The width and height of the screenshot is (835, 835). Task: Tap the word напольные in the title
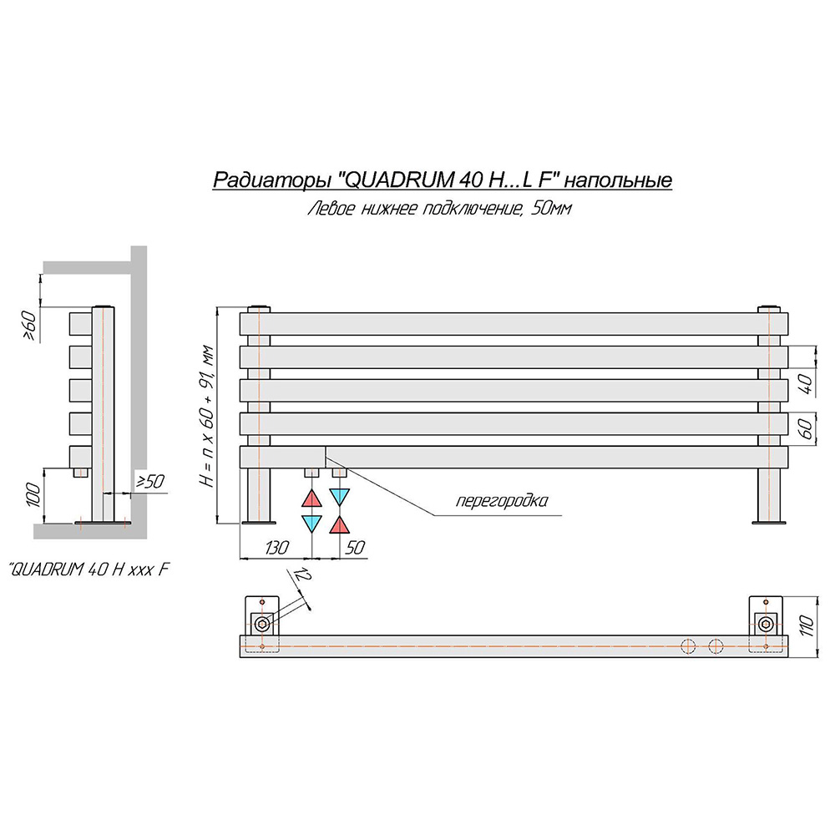tap(618, 180)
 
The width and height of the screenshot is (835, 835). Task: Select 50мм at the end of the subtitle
tap(551, 208)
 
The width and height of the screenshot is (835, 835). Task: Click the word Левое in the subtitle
tap(331, 208)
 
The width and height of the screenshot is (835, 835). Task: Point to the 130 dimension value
tap(276, 547)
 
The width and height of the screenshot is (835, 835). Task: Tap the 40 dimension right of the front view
tap(807, 384)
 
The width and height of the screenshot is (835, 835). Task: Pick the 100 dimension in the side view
tap(33, 494)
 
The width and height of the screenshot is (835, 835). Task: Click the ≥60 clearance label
tap(30, 326)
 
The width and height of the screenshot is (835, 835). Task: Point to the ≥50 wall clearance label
tap(150, 482)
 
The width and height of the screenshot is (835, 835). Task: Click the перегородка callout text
tap(502, 500)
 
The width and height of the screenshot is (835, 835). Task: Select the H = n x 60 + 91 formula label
tap(207, 417)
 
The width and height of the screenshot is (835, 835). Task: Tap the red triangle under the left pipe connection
tap(311, 498)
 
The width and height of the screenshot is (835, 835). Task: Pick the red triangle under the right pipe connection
tap(339, 524)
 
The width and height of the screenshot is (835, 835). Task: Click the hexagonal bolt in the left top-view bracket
tap(262, 624)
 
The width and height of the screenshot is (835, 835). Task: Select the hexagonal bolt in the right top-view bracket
tap(766, 624)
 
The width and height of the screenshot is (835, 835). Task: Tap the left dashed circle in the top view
tap(689, 646)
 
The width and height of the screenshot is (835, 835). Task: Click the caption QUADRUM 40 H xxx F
tap(89, 569)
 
